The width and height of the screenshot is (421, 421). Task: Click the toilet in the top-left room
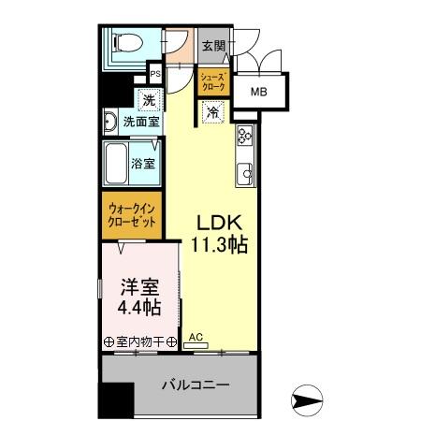123,43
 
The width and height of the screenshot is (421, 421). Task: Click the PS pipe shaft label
155,74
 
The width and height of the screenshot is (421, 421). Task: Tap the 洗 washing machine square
147,98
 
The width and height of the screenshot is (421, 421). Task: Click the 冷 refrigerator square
212,111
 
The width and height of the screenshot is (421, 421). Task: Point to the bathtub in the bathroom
116,164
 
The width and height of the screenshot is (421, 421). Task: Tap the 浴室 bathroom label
143,164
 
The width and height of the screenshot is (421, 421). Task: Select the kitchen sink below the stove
245,171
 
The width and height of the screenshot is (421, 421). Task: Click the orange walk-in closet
132,217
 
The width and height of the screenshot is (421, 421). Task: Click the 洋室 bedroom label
135,286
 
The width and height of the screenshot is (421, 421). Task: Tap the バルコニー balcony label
196,385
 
